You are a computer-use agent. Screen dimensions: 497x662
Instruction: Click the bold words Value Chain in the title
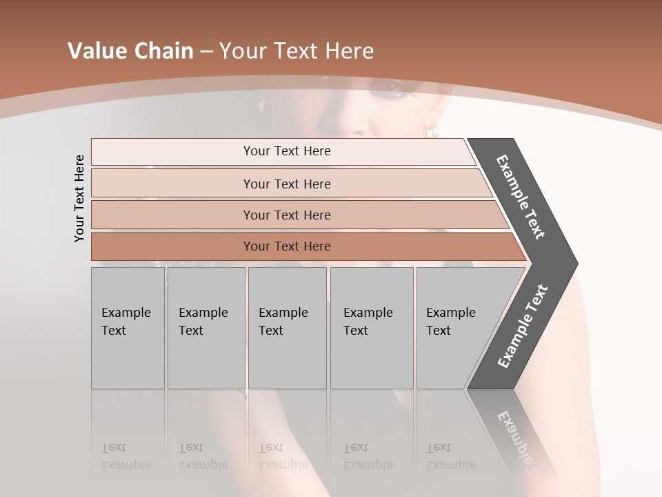130,51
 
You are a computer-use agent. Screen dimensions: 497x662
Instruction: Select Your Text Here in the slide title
297,51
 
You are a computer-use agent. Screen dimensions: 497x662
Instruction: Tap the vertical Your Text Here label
79,198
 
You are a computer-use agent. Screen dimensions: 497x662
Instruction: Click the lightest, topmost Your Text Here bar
287,151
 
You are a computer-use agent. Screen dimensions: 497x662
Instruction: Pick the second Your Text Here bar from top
287,184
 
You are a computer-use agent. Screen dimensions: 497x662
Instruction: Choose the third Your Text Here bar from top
287,215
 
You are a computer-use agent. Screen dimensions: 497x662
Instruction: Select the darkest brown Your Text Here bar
287,246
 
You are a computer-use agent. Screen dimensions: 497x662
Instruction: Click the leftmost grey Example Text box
128,328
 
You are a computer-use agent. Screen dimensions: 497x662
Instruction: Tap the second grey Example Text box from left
205,328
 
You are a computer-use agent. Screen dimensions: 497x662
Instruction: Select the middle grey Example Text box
287,328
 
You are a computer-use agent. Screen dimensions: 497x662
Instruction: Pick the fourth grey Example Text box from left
371,328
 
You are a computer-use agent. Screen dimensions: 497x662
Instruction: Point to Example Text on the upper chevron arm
521,197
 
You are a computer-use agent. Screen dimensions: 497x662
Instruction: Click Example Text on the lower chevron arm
523,327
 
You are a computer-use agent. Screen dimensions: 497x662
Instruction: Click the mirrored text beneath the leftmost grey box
126,456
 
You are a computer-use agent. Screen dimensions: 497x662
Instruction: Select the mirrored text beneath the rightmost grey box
451,456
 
